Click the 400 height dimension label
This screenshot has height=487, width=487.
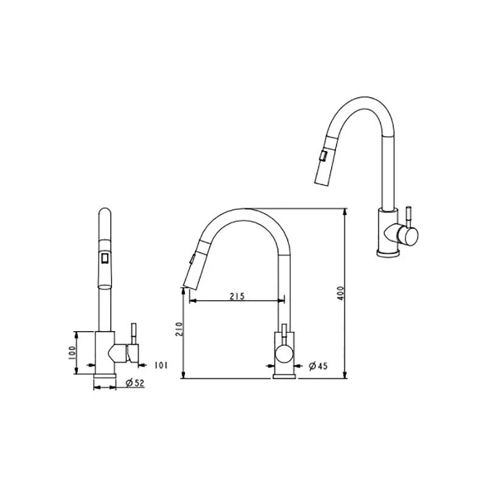pyautogui.click(x=341, y=293)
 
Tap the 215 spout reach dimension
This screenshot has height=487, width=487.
pyautogui.click(x=237, y=296)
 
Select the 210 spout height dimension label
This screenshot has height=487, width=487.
pyautogui.click(x=179, y=329)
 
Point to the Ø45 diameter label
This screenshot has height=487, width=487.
pyautogui.click(x=318, y=366)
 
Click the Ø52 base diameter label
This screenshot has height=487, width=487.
pyautogui.click(x=135, y=383)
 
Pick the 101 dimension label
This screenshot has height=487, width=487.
pyautogui.click(x=161, y=365)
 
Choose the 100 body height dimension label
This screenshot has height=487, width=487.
pyautogui.click(x=72, y=353)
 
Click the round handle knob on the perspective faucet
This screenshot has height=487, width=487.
pyautogui.click(x=408, y=235)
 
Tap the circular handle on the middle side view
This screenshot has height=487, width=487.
pyautogui.click(x=284, y=355)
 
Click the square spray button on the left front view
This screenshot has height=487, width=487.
pyautogui.click(x=105, y=258)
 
